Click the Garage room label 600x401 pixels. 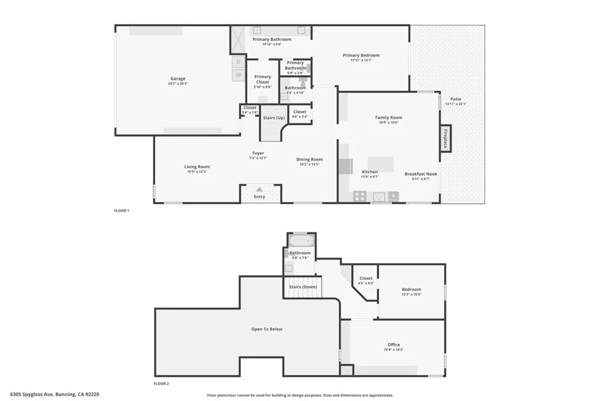click(x=178, y=79)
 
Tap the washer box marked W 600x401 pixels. click(x=238, y=75)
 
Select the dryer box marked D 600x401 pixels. click(x=238, y=62)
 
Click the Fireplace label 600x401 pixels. click(x=445, y=138)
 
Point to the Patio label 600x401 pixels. click(x=455, y=99)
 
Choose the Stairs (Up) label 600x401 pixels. click(x=274, y=117)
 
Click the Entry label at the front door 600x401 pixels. click(x=259, y=197)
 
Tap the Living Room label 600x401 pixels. click(x=197, y=167)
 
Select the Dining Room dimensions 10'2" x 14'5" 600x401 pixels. click(x=309, y=164)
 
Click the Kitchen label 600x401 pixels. click(x=369, y=171)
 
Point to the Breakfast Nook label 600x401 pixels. click(x=421, y=174)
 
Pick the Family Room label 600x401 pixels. click(x=388, y=117)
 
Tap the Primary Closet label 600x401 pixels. click(x=262, y=79)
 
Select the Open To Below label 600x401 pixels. click(x=267, y=329)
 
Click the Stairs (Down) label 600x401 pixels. click(x=303, y=287)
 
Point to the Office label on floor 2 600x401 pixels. click(x=394, y=345)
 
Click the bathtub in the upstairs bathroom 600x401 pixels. click(x=302, y=241)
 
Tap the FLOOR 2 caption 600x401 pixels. click(x=161, y=383)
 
